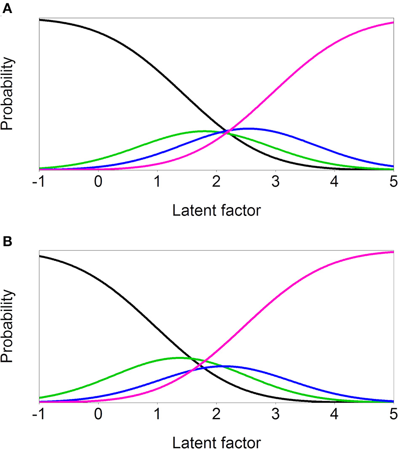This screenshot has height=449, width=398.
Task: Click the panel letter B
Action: [x=7, y=243]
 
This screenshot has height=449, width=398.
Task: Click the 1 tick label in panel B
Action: [x=157, y=416]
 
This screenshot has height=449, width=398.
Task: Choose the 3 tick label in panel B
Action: [x=275, y=416]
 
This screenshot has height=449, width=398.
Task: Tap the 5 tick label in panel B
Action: [x=393, y=416]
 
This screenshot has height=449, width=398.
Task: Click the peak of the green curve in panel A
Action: [x=204, y=131]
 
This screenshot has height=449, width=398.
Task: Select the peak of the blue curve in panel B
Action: [x=221, y=366]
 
